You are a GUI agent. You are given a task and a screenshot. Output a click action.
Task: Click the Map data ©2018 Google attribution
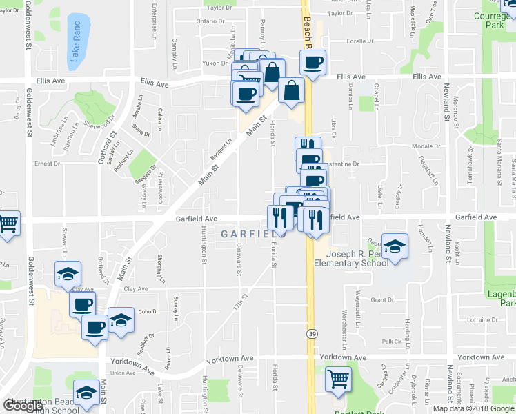click(474, 408)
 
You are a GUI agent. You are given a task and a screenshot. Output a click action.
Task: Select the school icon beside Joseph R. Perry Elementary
click(395, 247)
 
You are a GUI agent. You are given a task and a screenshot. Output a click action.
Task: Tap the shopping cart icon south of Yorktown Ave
click(338, 379)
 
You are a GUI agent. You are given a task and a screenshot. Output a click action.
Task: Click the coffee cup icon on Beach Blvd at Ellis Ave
click(312, 63)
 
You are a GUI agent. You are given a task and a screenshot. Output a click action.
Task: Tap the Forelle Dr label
click(360, 41)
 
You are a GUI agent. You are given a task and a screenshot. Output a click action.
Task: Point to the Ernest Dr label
click(48, 164)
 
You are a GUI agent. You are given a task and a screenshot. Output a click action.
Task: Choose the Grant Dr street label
click(381, 300)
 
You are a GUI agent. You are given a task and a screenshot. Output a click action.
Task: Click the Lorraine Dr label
click(482, 321)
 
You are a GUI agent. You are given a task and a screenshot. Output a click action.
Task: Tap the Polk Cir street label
click(391, 342)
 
